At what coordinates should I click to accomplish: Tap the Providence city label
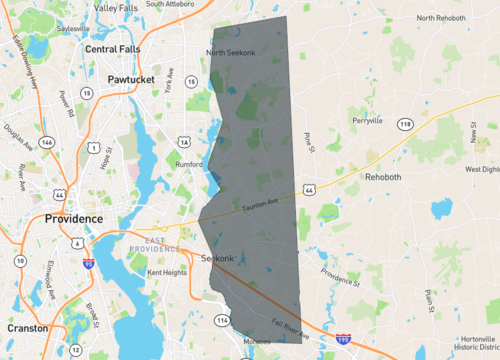[73, 218]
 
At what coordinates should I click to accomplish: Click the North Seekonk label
[231, 53]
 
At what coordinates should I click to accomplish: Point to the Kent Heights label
[167, 272]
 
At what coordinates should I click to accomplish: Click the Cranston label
[28, 327]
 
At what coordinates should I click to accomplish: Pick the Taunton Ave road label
[261, 206]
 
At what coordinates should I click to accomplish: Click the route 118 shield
[404, 123]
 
